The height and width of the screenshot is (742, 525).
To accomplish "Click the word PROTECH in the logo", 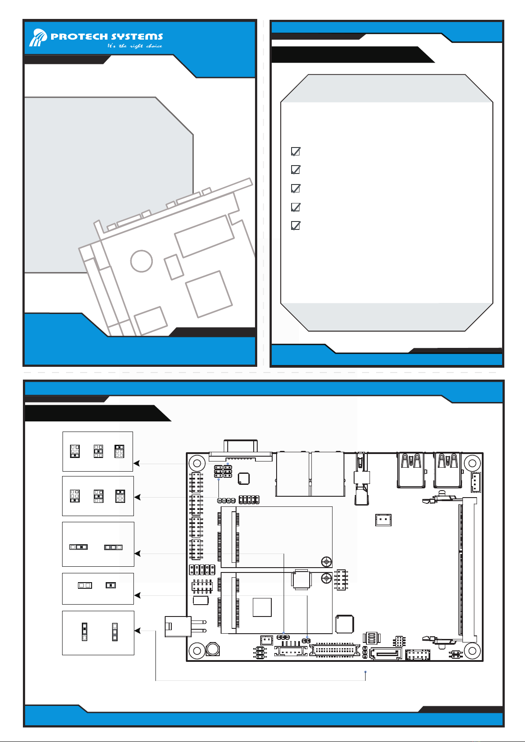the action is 79,37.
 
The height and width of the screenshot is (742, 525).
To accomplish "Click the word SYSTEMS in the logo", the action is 137,37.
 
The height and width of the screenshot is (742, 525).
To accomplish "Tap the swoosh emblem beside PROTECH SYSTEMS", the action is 38,37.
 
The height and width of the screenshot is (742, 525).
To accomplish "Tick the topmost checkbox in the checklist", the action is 296,151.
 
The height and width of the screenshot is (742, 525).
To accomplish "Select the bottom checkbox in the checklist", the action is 296,225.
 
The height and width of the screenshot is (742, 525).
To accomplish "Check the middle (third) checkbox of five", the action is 296,188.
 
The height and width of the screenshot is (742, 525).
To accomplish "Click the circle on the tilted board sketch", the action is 141,261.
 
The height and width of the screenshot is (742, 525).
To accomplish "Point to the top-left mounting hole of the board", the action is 197,463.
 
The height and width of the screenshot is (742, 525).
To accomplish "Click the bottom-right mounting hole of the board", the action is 472,650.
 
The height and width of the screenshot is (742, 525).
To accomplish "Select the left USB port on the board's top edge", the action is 411,470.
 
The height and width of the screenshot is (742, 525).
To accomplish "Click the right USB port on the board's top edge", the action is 448,470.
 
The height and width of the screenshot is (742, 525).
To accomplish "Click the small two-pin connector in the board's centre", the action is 383,520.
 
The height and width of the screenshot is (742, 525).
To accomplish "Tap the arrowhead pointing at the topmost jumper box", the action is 137,463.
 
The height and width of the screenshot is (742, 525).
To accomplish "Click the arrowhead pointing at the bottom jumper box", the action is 137,631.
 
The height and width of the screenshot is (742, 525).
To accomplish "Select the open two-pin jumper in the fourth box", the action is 85,585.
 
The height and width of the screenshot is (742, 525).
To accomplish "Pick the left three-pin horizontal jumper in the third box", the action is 78,547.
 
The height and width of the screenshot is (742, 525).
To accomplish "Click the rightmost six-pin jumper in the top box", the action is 119,451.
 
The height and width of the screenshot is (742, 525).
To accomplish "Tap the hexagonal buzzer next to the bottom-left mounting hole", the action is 213,649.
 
